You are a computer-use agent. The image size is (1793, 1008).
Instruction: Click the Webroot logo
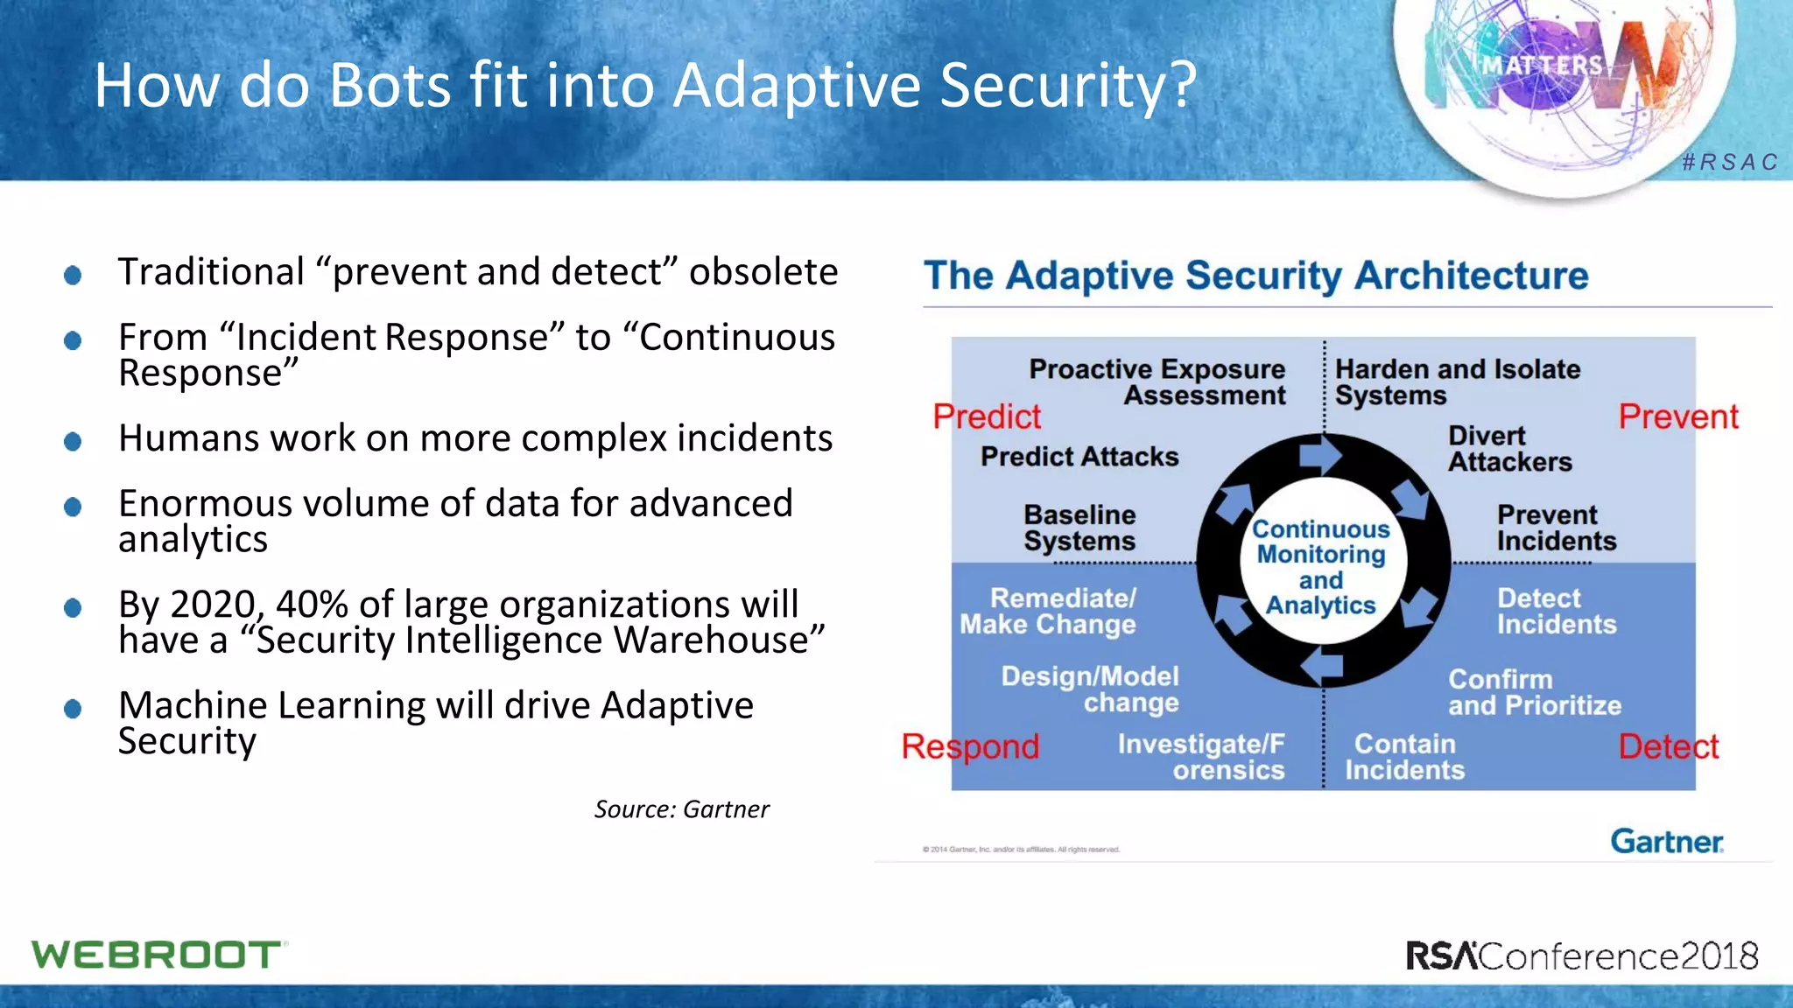158,955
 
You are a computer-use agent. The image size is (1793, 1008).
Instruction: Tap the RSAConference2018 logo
1582,955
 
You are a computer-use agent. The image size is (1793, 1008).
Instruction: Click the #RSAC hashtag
1730,163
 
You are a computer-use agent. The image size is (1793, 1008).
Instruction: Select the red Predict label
987,416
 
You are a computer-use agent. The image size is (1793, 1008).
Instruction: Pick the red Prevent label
1677,416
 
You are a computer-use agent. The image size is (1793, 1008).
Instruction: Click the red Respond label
970,746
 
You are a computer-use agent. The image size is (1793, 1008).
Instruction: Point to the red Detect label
1668,746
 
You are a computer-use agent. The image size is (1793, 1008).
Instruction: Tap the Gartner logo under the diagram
1666,841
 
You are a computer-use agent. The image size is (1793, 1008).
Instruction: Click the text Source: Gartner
681,809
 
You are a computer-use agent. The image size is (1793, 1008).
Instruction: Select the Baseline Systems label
1079,528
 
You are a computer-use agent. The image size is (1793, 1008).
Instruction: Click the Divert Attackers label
1509,449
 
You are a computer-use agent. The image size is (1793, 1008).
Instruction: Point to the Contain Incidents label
1404,757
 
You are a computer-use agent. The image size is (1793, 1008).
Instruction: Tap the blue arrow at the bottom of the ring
1322,667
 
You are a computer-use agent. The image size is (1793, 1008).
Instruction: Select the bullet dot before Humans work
73,441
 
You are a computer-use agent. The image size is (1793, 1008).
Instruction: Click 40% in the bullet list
313,605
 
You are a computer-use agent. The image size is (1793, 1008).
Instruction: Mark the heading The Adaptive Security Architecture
1255,276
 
